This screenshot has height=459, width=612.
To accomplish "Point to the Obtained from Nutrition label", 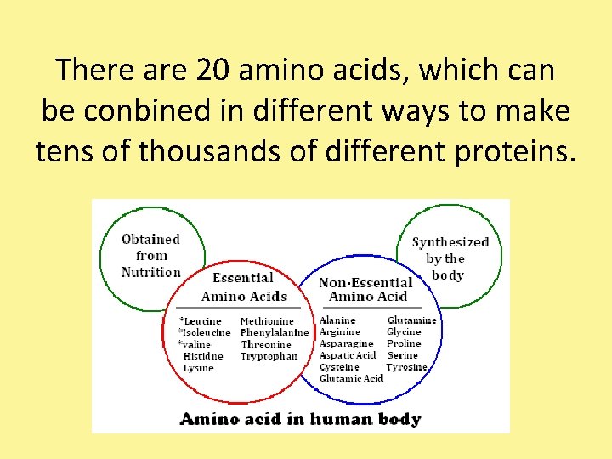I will tap(151, 256).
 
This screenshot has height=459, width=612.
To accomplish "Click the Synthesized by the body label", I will tap(450, 258).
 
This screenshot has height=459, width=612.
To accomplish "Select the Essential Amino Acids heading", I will tap(244, 287).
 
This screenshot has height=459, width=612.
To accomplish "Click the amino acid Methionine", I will tap(267, 321).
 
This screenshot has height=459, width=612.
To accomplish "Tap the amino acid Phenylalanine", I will tap(274, 333).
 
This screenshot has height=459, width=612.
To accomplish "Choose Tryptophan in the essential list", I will tap(269, 356).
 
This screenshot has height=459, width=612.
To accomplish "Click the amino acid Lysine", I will tap(198, 368).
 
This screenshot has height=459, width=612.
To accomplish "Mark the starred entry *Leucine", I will tap(200, 321).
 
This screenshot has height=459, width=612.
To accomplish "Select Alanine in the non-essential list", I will tap(337, 320).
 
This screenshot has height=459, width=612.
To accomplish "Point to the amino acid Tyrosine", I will tap(406, 367).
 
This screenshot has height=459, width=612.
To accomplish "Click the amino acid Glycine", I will tap(404, 332).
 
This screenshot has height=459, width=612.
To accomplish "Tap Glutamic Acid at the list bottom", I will tap(351, 378).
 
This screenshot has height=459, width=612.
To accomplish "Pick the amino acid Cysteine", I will tap(339, 367).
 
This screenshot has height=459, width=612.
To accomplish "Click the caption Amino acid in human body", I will tap(300, 418).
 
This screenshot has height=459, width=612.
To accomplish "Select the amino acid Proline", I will tap(404, 343).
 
